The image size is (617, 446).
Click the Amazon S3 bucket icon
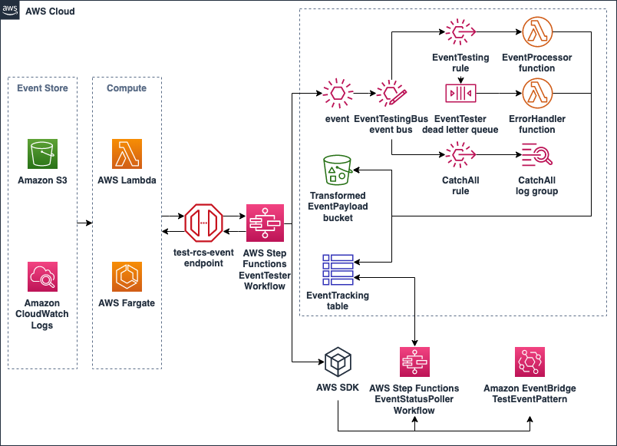coord(43,154)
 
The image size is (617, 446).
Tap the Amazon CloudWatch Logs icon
coord(43,276)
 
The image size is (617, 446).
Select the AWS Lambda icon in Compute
coord(127,154)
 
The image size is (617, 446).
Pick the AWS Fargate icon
coord(127,276)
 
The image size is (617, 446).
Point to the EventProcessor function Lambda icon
coord(537,33)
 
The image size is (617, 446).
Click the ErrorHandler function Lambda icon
coord(537,94)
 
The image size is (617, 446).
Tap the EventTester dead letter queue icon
coord(460,94)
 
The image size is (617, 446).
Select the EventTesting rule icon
coord(460,33)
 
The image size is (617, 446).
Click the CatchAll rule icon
coord(460,156)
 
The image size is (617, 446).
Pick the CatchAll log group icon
coord(537,156)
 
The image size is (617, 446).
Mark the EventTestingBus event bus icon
coord(391,94)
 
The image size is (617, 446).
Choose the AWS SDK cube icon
coord(338,362)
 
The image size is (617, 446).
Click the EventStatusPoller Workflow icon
coord(414,362)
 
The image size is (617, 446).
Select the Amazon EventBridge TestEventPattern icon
coord(530,362)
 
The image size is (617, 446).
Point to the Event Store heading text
coord(42,88)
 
